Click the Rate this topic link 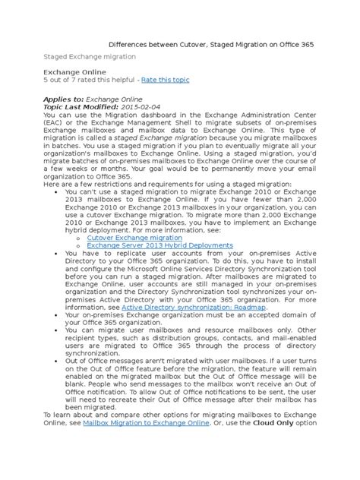pyautogui.click(x=165, y=80)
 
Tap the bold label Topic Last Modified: pyautogui.click(x=78, y=108)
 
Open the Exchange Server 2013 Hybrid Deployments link pyautogui.click(x=159, y=245)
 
